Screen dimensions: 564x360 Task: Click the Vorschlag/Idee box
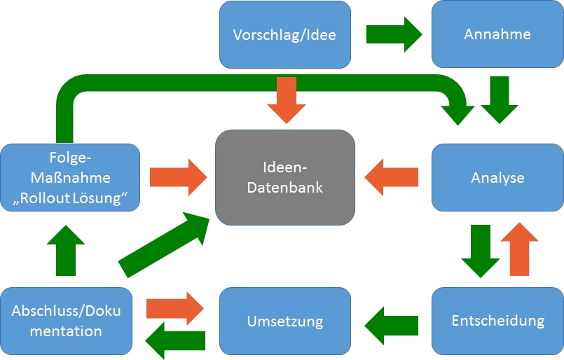(285, 34)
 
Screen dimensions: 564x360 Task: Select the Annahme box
(497, 34)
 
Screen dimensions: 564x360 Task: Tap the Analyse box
(497, 178)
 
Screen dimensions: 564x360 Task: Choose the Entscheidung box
(497, 321)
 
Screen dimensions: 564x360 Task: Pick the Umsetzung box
(285, 321)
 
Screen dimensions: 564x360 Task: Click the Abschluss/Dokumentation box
(66, 321)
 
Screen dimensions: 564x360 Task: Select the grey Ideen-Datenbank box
(285, 178)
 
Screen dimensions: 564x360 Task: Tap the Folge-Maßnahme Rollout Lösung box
(70, 178)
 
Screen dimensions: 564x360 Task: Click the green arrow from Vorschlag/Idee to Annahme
(394, 34)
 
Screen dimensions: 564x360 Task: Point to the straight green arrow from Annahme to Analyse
(500, 100)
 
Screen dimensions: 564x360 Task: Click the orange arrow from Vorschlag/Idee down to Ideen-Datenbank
(287, 100)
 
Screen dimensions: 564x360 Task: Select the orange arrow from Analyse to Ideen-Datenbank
(392, 177)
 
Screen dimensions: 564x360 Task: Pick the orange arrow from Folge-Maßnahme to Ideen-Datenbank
(179, 177)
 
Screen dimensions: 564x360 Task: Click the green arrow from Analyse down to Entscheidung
(481, 251)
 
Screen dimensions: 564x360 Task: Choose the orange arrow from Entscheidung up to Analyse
(519, 249)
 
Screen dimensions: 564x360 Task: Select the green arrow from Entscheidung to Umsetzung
(392, 326)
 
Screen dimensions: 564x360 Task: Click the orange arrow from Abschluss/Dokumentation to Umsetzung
(175, 309)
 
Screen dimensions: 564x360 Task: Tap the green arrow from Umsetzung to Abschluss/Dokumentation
(175, 340)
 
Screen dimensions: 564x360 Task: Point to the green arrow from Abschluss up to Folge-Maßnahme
(66, 251)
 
